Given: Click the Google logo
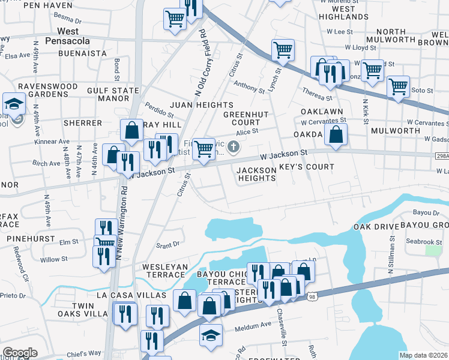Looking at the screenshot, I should tap(20, 353).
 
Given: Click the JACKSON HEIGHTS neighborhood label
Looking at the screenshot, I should tap(257, 174).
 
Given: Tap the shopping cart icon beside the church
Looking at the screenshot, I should tap(204, 148).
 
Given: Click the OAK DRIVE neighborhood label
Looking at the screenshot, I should tap(376, 227).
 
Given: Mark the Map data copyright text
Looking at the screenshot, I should tap(423, 355).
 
